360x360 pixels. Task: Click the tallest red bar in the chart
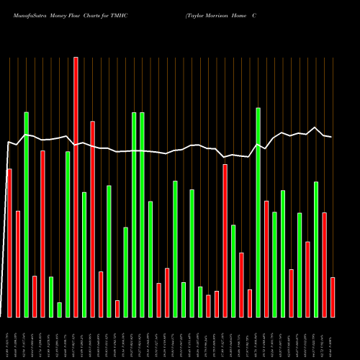click(x=76, y=187)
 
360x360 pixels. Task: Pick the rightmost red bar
click(x=333, y=297)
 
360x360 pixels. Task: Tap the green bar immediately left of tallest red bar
click(x=68, y=234)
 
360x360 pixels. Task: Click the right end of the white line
click(x=331, y=137)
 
